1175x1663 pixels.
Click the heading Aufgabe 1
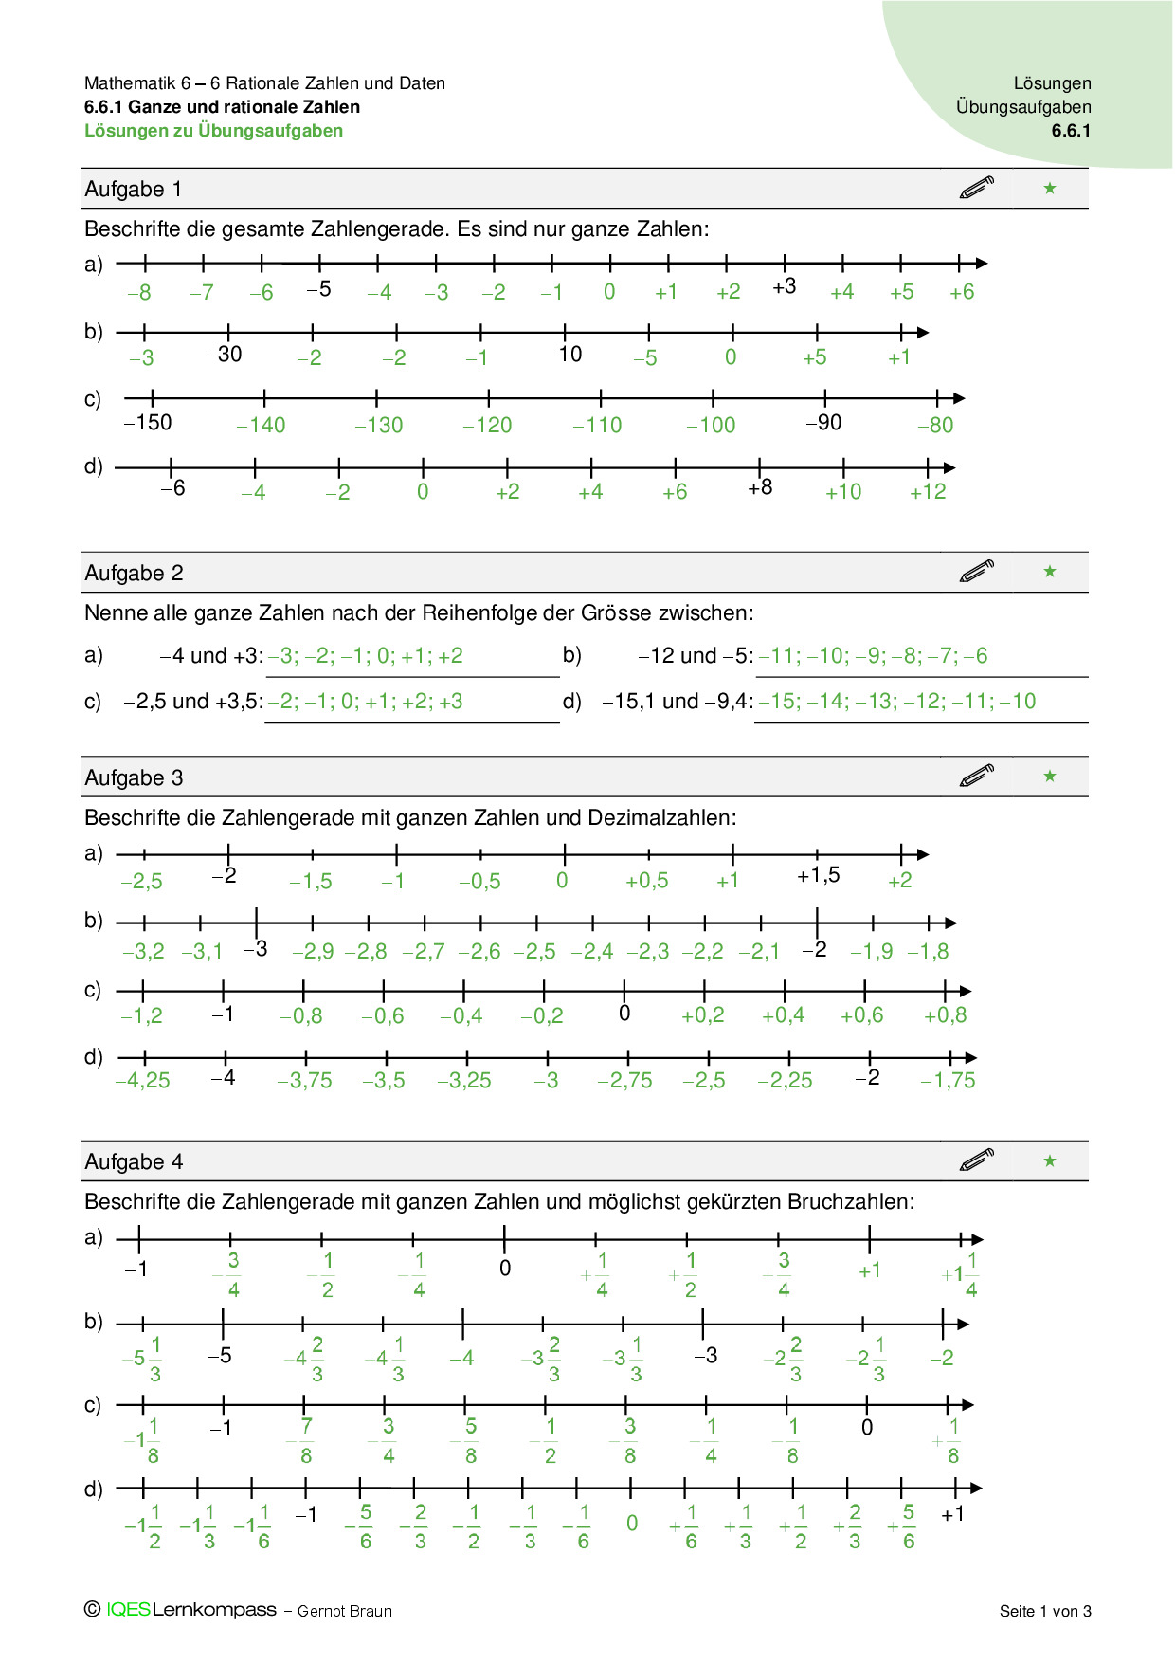pos(133,190)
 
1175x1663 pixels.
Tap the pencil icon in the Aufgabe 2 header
pos(977,571)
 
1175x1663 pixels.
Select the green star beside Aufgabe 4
pos(1050,1160)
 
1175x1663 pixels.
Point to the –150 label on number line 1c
pos(149,423)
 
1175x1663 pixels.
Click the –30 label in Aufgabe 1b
pos(224,355)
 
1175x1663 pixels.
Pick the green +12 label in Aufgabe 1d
pos(928,492)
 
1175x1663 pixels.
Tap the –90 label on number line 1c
pos(824,423)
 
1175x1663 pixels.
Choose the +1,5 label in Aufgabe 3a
pos(819,875)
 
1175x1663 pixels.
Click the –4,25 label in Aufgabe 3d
pos(143,1081)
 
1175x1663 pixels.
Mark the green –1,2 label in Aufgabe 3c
pos(142,1015)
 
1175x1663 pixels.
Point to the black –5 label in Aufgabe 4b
pos(220,1356)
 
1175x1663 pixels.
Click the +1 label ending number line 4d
pos(952,1514)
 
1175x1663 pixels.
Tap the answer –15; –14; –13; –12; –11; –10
pos(897,702)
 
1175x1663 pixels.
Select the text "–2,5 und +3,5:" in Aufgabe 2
pos(193,702)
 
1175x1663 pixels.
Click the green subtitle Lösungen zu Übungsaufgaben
pos(213,131)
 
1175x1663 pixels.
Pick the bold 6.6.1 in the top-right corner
pos(1071,131)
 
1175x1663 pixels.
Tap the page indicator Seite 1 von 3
pos(1045,1611)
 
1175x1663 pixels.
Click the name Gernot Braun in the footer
pos(345,1611)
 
